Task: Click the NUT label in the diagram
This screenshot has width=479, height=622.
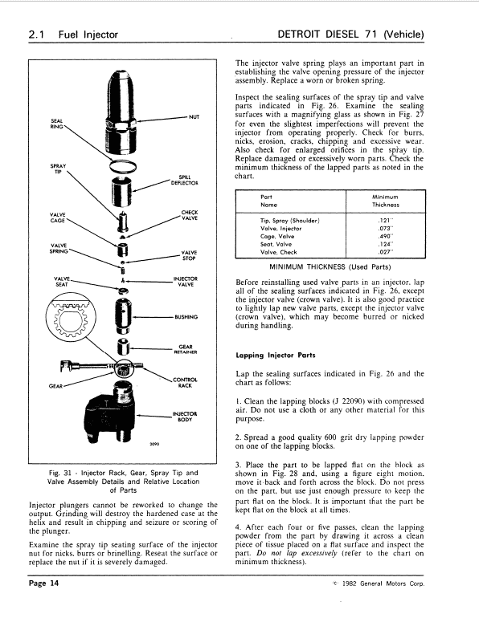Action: pos(193,116)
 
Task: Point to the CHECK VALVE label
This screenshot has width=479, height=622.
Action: pos(190,215)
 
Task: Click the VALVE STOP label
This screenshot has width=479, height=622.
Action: pos(190,255)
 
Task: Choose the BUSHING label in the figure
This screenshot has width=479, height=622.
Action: pos(186,316)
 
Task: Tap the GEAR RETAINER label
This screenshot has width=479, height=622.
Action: pos(186,349)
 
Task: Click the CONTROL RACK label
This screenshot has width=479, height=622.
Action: pos(186,382)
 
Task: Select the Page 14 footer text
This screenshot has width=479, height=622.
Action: pos(43,605)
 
